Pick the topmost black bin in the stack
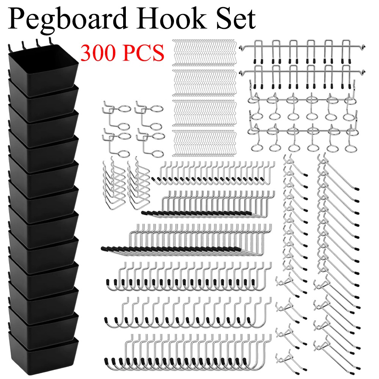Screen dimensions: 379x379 pos(42,64)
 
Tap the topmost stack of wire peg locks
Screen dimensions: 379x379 pos(205,51)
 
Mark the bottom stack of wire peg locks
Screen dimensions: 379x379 pos(205,143)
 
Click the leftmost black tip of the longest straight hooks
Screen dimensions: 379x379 pos(104,249)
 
